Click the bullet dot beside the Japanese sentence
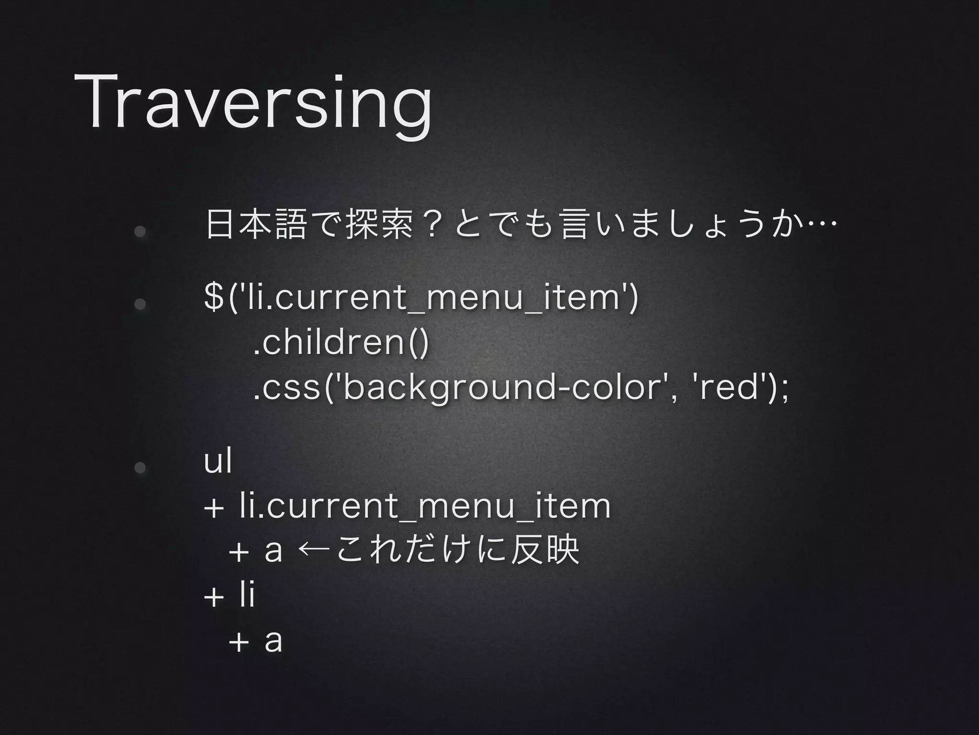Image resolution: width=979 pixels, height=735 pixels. tap(140, 232)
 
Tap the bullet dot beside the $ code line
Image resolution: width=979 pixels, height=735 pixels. tap(140, 304)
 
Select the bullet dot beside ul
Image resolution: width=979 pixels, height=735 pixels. tap(140, 468)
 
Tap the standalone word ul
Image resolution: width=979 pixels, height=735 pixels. tap(218, 461)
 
